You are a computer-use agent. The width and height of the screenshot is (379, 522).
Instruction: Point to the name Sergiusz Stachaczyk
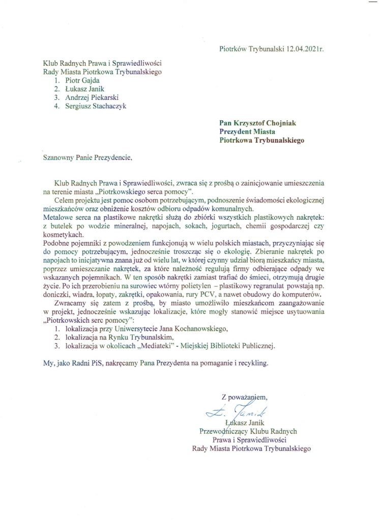pos(95,106)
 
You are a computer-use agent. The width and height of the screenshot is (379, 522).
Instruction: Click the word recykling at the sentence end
pos(249,364)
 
